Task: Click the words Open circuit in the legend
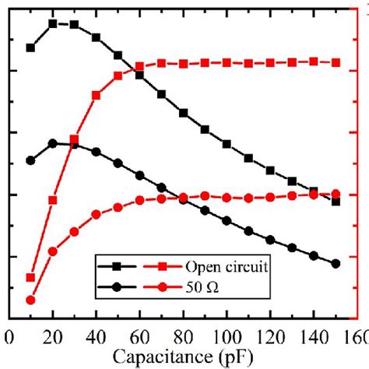point(227,266)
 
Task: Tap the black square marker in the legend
point(117,266)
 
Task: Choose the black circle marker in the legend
point(117,287)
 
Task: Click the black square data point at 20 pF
point(53,23)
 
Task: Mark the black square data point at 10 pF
point(31,47)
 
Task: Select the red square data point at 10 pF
point(31,277)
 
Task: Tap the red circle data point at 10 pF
point(31,300)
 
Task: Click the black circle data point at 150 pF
point(336,263)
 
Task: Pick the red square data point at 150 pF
point(336,62)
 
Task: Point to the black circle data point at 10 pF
point(31,160)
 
